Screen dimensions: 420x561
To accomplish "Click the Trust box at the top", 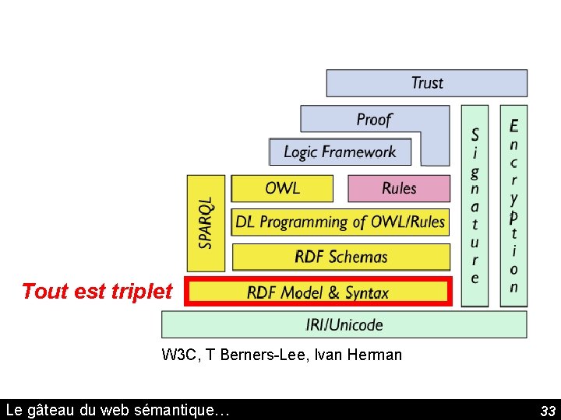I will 426,83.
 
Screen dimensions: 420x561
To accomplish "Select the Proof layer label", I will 374,119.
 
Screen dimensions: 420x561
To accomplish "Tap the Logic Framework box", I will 339,152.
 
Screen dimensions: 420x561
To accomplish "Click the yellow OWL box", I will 282,188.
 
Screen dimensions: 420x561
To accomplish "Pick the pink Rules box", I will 399,188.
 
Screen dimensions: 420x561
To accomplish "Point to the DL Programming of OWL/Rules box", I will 340,222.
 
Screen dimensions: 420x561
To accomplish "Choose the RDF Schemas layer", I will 340,257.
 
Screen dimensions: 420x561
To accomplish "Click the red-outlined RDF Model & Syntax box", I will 318,292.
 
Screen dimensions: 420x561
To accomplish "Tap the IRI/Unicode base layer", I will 344,324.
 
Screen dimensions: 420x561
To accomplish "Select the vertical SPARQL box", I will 206,222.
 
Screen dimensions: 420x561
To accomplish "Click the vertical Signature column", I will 475,205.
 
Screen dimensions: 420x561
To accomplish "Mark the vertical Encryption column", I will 513,205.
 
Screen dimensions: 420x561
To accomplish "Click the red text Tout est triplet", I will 97,292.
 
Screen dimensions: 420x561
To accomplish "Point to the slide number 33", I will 548,411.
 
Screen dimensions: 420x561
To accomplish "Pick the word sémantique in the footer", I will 188,410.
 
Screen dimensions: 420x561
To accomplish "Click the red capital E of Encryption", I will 513,126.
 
